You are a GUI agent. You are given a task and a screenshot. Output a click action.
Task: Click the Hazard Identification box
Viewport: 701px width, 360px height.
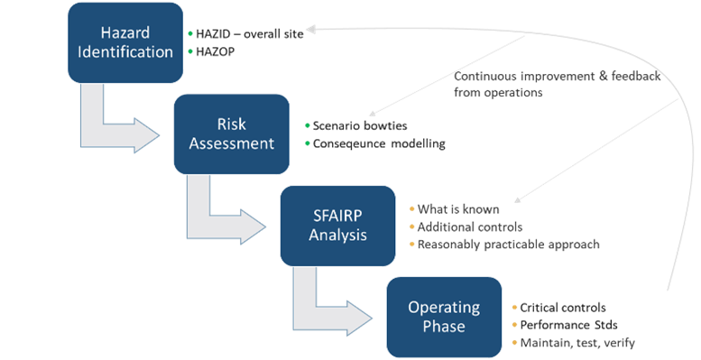(125, 42)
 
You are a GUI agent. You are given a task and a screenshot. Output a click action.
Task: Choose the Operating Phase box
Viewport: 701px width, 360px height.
(443, 316)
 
